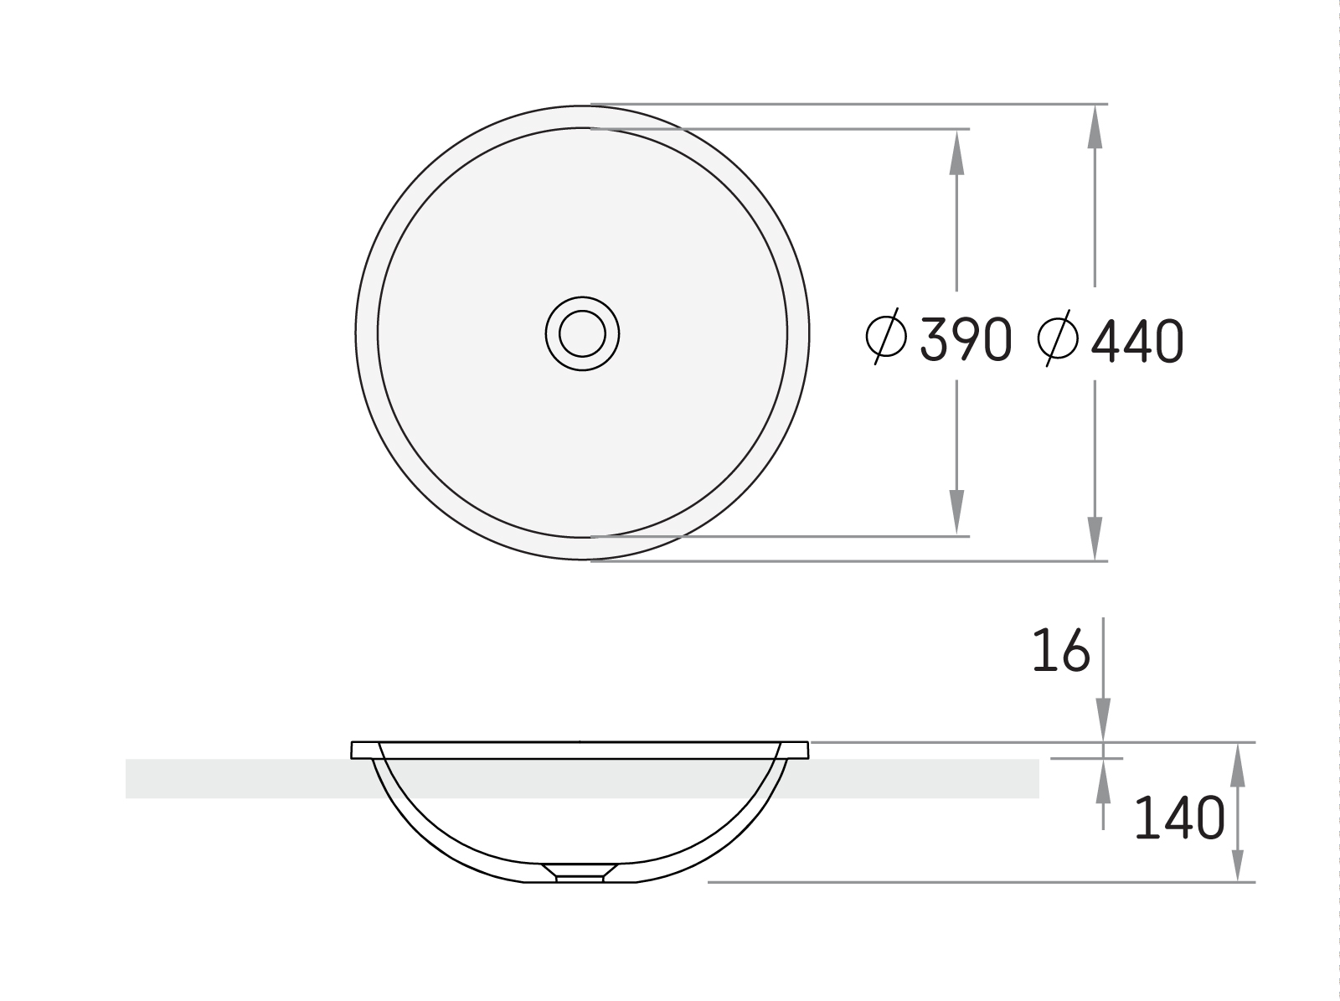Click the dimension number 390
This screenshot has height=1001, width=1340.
pos(966,339)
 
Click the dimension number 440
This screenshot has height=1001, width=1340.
pos(1137,341)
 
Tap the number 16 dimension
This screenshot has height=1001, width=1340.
pos(1061,650)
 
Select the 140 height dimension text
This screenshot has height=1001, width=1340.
pos(1179,817)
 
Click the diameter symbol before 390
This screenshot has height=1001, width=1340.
pos(886,336)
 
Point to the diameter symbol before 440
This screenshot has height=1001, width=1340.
pos(1058,338)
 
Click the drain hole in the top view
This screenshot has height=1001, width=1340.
pos(582,333)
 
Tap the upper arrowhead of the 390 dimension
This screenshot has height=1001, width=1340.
pos(956,152)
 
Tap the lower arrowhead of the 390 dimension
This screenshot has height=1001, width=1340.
pos(956,513)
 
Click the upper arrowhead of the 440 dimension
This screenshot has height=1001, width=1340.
pos(1095,127)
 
